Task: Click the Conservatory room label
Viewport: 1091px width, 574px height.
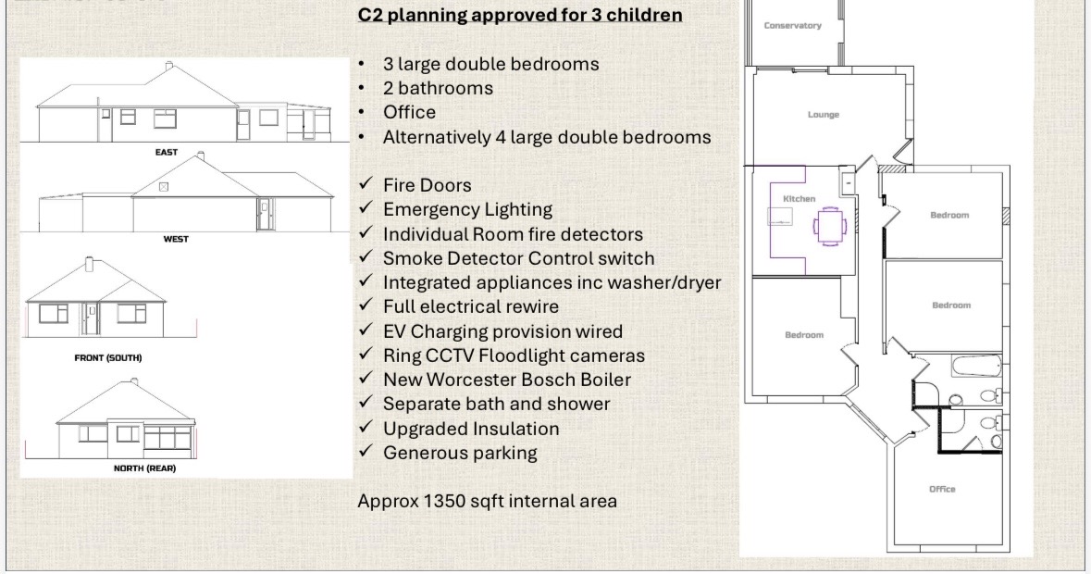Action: pyautogui.click(x=792, y=26)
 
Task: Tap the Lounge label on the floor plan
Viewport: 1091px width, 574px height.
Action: pyautogui.click(x=824, y=115)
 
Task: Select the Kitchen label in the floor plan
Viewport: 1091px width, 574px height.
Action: pyautogui.click(x=799, y=199)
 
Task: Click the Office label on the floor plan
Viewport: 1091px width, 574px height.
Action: pyautogui.click(x=942, y=489)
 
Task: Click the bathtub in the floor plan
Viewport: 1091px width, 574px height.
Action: pyautogui.click(x=977, y=366)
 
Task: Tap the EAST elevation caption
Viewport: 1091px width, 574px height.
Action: pyautogui.click(x=167, y=152)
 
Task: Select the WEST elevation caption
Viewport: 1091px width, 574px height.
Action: pyautogui.click(x=175, y=239)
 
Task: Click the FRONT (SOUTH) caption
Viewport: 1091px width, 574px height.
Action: pyautogui.click(x=108, y=357)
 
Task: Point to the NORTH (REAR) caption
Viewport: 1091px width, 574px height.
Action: pyautogui.click(x=144, y=468)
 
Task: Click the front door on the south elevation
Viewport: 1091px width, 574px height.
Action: pyautogui.click(x=92, y=319)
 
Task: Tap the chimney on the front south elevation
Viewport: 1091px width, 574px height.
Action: pyautogui.click(x=88, y=264)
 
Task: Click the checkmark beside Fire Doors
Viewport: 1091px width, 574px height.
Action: pyautogui.click(x=366, y=184)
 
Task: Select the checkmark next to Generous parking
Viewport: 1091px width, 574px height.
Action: pyautogui.click(x=366, y=452)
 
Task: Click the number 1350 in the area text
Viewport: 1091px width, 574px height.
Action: pyautogui.click(x=444, y=501)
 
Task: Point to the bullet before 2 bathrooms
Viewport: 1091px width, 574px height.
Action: pyautogui.click(x=361, y=88)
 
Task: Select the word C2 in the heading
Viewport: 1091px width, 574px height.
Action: pyautogui.click(x=370, y=15)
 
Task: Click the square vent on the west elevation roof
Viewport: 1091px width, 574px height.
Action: pyautogui.click(x=164, y=186)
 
